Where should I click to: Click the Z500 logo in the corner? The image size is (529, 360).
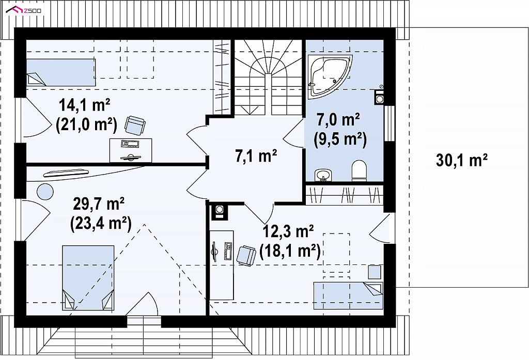(24, 10)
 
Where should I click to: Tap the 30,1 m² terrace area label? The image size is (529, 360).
(461, 160)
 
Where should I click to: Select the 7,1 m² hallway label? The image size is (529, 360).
(256, 156)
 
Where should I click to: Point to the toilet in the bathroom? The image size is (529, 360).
(359, 170)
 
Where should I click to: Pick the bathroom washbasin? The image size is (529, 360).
(323, 176)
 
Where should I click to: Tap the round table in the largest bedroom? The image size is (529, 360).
(45, 192)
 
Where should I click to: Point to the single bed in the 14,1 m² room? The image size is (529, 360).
(61, 72)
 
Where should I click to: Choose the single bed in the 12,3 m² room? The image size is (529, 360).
(348, 295)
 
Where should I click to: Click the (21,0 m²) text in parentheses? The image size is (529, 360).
(86, 125)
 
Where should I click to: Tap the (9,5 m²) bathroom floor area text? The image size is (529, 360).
(340, 139)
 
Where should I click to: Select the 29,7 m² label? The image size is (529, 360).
(99, 204)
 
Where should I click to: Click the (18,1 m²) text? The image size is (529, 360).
(290, 252)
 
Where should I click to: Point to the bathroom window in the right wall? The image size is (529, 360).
(389, 123)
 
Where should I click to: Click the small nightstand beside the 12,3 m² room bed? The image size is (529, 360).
(375, 272)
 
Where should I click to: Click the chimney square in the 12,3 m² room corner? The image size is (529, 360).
(219, 211)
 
